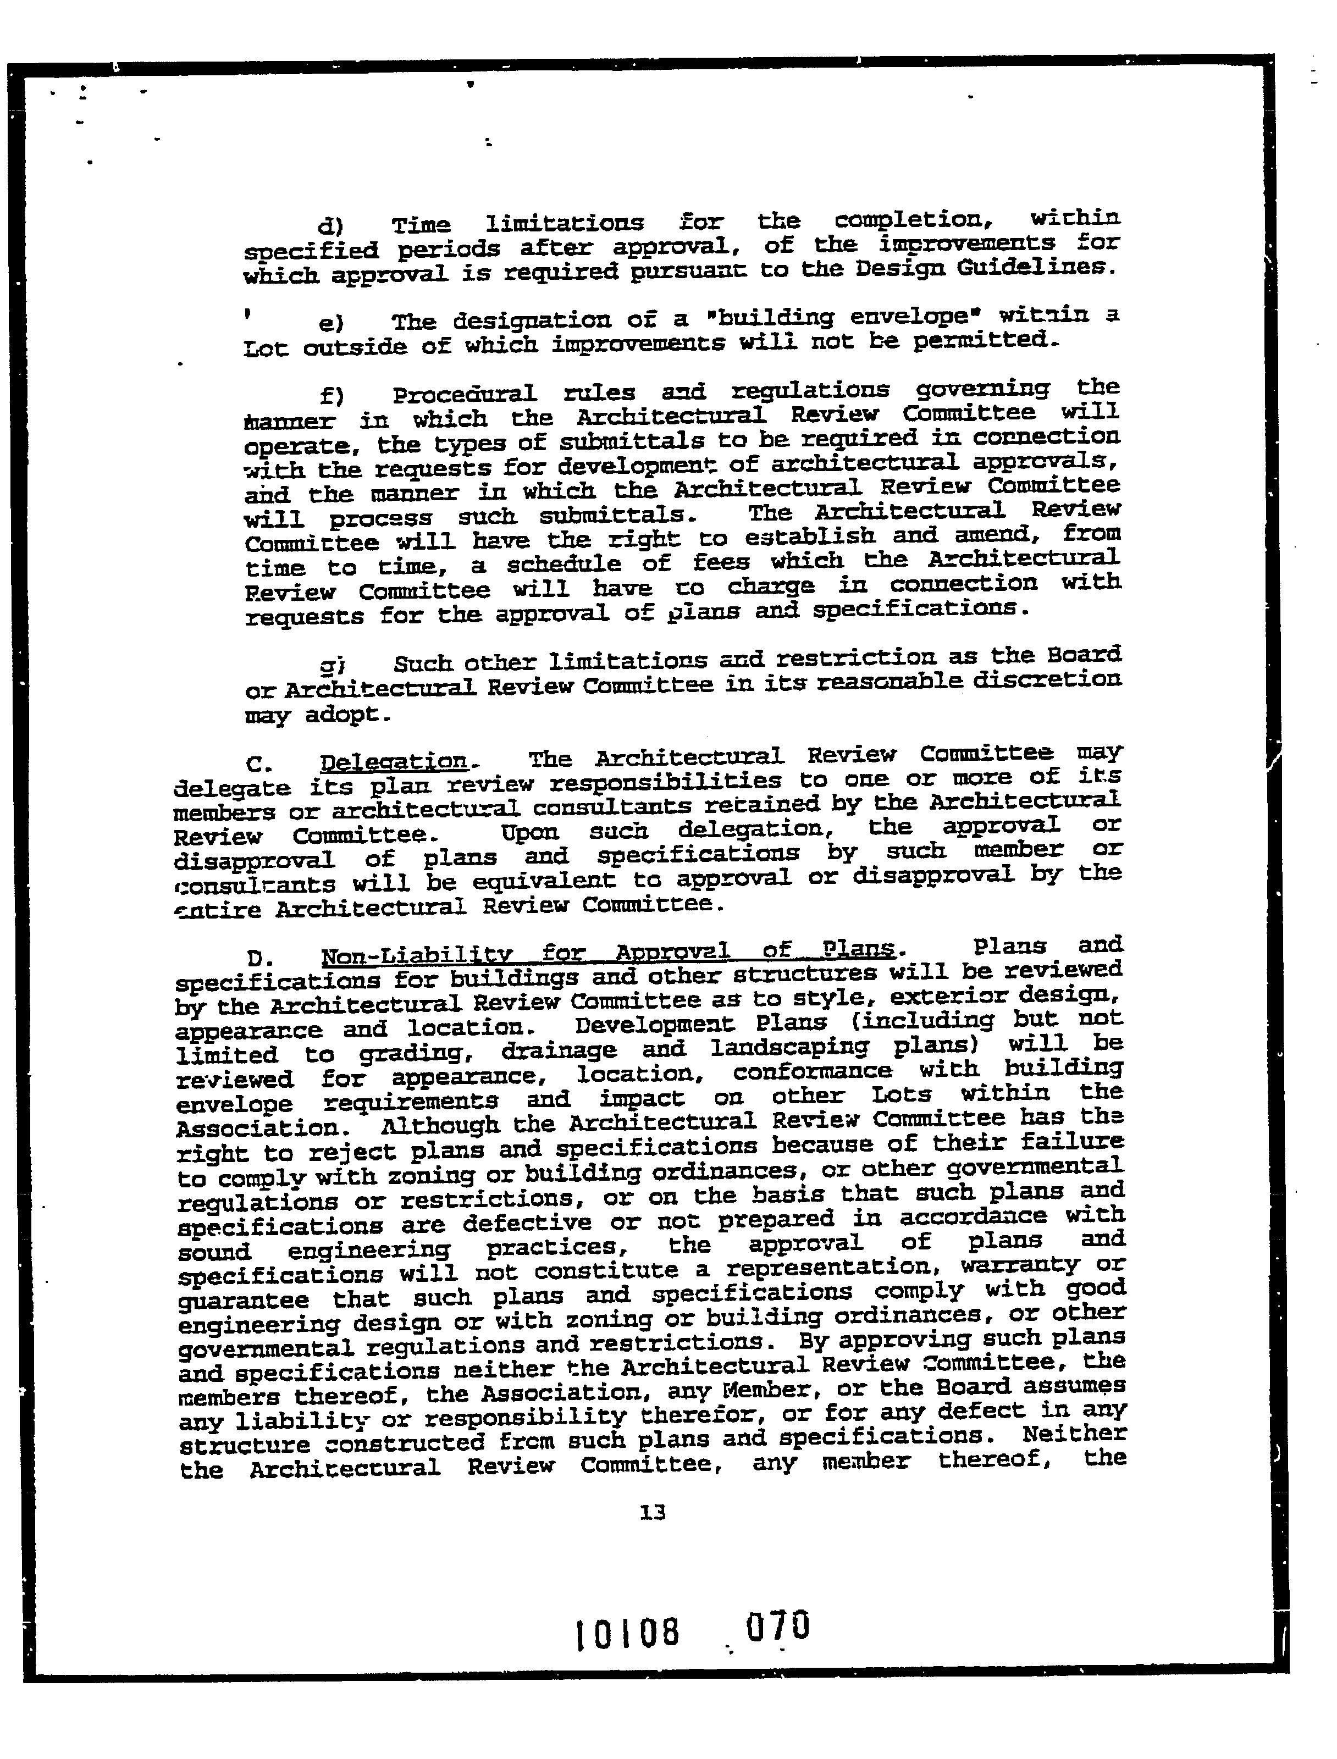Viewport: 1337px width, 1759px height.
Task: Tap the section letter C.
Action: click(259, 765)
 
